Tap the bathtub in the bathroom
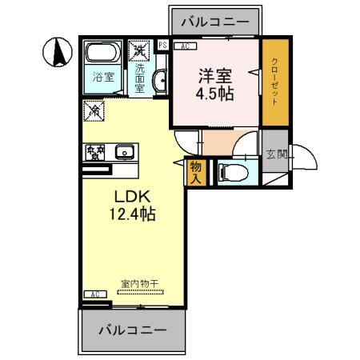(x=102, y=54)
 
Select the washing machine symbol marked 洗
(x=141, y=49)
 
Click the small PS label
(x=162, y=46)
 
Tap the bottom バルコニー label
(x=132, y=329)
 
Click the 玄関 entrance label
(x=276, y=154)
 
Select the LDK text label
(x=126, y=196)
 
